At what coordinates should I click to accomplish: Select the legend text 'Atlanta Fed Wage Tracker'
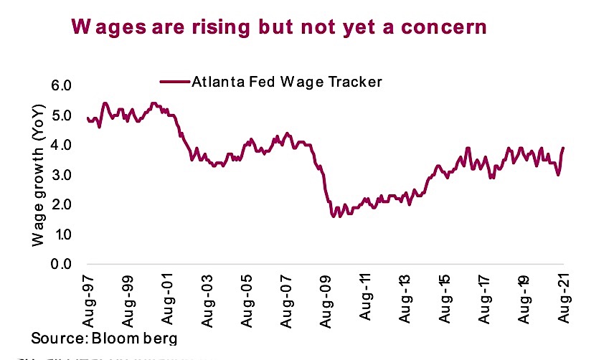tap(286, 81)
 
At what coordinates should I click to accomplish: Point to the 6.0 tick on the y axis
tap(63, 86)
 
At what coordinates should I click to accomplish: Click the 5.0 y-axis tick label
tap(63, 116)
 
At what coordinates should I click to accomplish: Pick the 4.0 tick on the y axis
tap(63, 146)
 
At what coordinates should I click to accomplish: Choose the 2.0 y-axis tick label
tap(63, 205)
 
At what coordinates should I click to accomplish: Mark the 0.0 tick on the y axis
tap(63, 265)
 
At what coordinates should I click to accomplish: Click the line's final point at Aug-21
tap(563, 148)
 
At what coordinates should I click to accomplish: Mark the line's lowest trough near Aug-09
tap(333, 216)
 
